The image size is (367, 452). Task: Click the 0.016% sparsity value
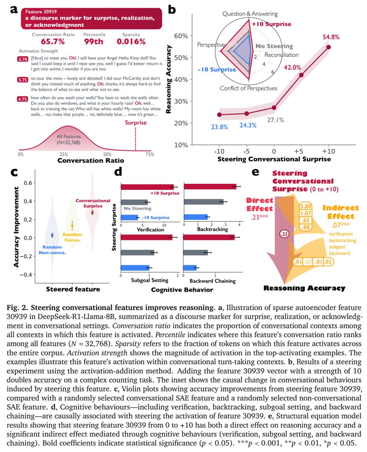point(131,42)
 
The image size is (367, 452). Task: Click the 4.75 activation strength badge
point(22,100)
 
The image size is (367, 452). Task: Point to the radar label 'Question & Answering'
point(250,14)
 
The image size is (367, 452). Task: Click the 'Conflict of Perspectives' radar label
point(249,88)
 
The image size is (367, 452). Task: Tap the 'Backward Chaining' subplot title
point(212,281)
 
